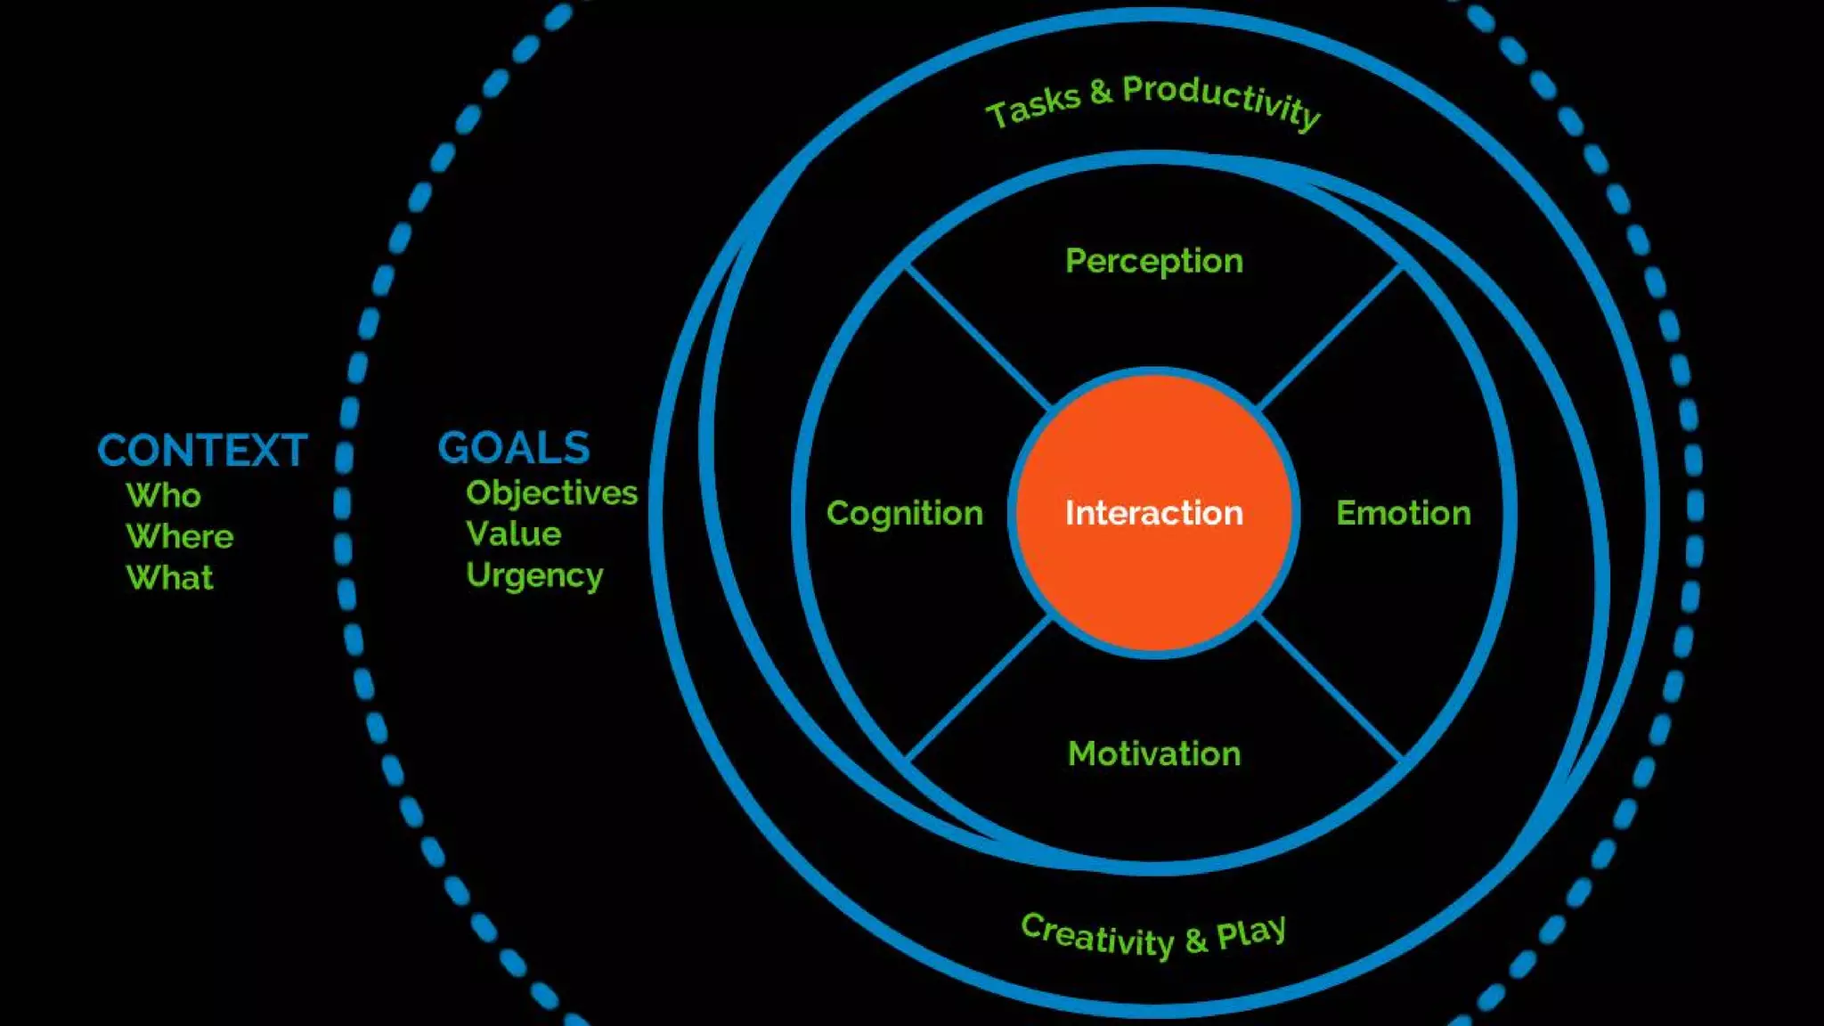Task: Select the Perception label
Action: coord(1154,261)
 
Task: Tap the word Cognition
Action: coord(904,514)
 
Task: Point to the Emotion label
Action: coord(1404,513)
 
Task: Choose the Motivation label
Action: coord(1154,753)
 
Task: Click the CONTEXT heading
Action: coord(202,451)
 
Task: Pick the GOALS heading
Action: coord(514,448)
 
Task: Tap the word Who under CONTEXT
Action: coord(163,495)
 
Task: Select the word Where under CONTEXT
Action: coord(179,536)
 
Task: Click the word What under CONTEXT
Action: coord(169,578)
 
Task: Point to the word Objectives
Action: coord(551,493)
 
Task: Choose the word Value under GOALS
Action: coord(513,534)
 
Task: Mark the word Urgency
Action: coord(534,576)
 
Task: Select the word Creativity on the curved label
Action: coord(1097,936)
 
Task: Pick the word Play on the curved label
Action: coord(1251,932)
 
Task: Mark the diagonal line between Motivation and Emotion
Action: coord(1331,688)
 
